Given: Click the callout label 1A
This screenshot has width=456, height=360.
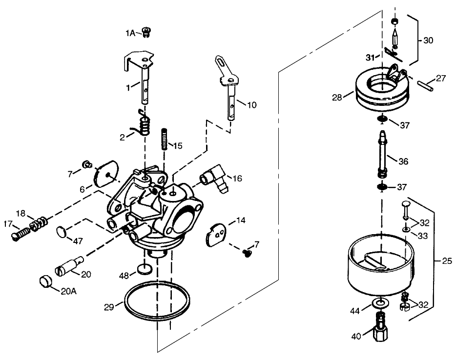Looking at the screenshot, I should click(x=129, y=33).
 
